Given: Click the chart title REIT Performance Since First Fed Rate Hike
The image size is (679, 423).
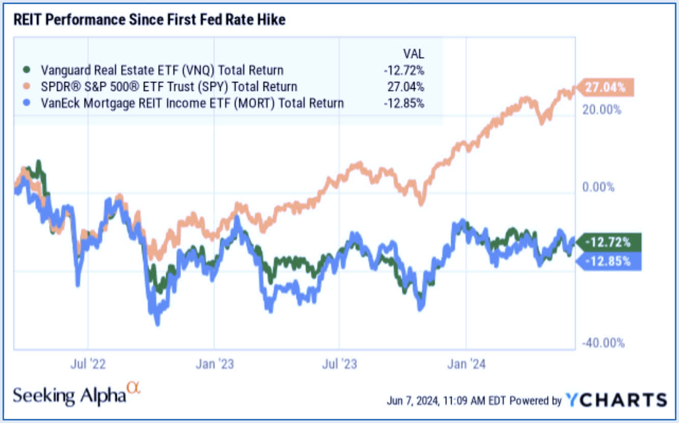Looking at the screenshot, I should coord(148,20).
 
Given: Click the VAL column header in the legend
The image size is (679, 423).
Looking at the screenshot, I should coord(412,54).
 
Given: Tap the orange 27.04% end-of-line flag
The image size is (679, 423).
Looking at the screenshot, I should coord(604,87).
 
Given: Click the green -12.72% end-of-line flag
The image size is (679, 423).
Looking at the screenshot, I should coord(608,242).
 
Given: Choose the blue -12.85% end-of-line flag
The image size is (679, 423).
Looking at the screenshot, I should coord(608,261).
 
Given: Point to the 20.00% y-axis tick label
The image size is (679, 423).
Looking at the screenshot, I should coord(602,110).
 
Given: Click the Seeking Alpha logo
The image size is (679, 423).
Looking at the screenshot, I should coord(75,394).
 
